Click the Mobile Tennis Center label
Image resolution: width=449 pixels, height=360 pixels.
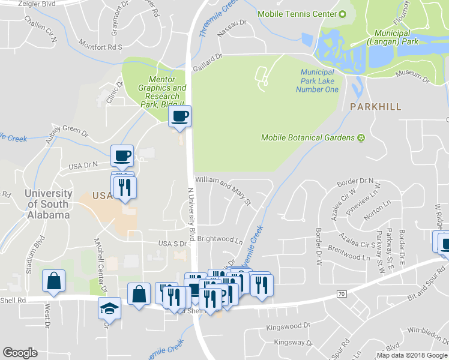pyautogui.click(x=297, y=14)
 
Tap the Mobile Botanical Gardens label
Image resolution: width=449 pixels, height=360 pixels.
pyautogui.click(x=308, y=138)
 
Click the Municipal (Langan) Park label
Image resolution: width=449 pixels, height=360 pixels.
pyautogui.click(x=392, y=38)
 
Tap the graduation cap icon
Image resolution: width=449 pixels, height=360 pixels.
pyautogui.click(x=109, y=309)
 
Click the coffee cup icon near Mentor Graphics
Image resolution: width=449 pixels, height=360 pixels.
pyautogui.click(x=179, y=116)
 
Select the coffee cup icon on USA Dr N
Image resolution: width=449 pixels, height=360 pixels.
pyautogui.click(x=122, y=155)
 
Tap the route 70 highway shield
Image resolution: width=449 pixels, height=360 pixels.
pyautogui.click(x=342, y=293)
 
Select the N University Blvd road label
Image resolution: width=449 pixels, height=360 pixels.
pyautogui.click(x=192, y=210)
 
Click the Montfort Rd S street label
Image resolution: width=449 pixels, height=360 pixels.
pyautogui.click(x=101, y=46)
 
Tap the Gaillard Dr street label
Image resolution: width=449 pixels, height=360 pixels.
pyautogui.click(x=208, y=62)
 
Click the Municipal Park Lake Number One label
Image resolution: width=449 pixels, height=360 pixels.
pyautogui.click(x=318, y=81)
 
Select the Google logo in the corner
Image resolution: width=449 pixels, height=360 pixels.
pyautogui.click(x=20, y=353)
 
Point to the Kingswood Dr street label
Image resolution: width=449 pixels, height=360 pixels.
pyautogui.click(x=286, y=329)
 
